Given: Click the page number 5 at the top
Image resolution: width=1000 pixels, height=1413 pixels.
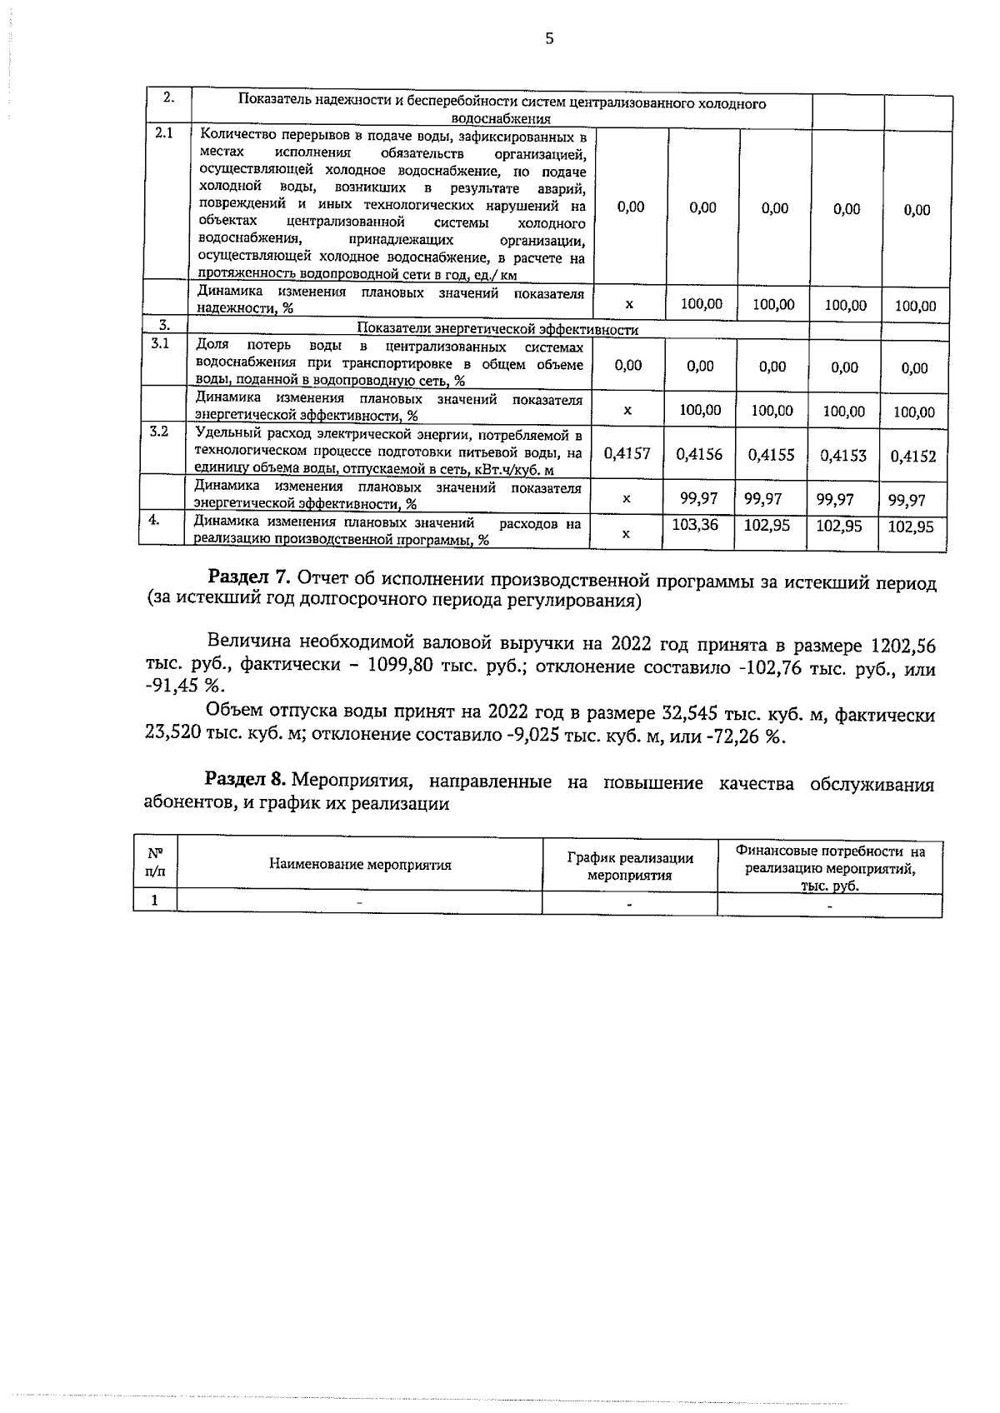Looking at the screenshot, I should (x=548, y=38).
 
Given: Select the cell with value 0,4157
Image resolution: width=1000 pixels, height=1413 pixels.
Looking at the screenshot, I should (x=627, y=454).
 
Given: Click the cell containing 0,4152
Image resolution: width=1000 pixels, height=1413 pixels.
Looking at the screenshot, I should (x=912, y=456).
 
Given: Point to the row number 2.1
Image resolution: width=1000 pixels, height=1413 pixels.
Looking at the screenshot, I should (x=164, y=134).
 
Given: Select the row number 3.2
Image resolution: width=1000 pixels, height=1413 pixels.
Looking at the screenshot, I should (x=158, y=432).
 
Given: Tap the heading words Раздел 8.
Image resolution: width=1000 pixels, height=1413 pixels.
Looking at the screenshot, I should (x=246, y=781).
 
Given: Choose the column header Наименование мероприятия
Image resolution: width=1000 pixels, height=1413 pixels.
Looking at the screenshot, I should (x=360, y=865).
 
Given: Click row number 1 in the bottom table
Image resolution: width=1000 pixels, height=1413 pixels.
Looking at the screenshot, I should (x=154, y=901).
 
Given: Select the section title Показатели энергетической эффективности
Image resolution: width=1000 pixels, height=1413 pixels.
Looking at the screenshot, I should (x=497, y=329).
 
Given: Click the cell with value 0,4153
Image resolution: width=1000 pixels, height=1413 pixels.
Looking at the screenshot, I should (x=842, y=456).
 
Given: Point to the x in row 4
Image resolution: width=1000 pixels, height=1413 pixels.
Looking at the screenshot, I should (x=626, y=533).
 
